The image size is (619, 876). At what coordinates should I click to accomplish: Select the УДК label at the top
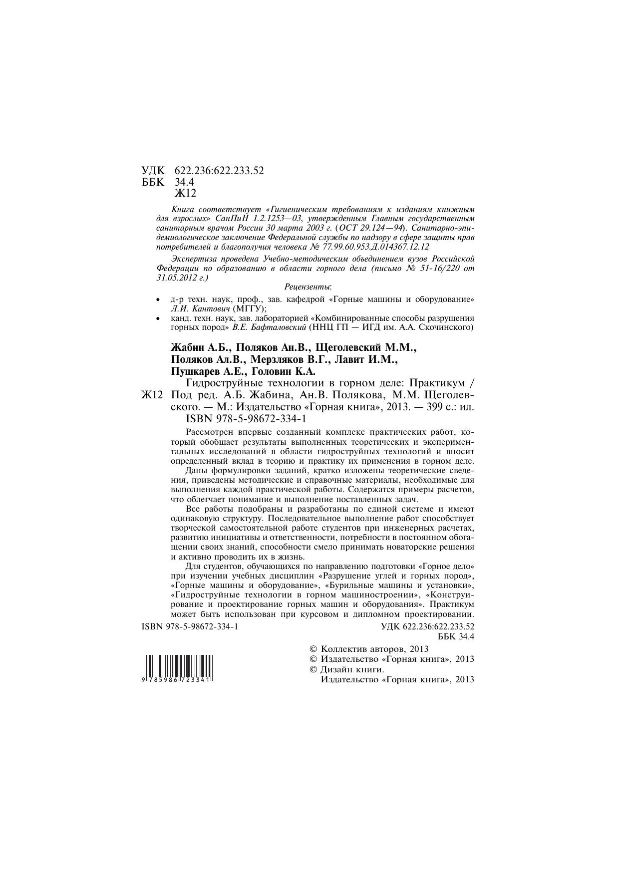click(153, 171)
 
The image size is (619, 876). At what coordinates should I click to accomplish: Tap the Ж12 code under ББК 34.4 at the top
click(185, 193)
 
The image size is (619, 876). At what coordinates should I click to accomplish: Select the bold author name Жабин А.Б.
click(201, 347)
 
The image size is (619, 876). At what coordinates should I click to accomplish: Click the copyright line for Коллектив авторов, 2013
click(369, 649)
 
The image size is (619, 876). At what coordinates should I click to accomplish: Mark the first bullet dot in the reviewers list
click(158, 300)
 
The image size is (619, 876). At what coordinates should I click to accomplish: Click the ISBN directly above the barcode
click(190, 626)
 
